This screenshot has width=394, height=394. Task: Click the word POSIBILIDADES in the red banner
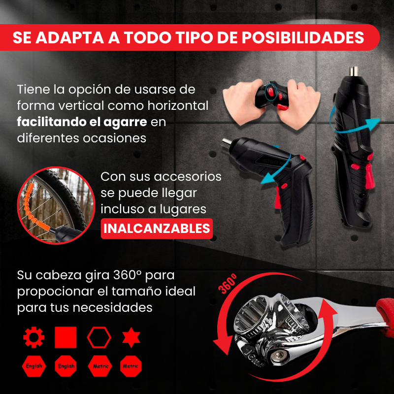point(303,38)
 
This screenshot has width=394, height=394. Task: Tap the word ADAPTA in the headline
point(70,38)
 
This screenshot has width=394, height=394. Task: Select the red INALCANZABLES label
point(157,229)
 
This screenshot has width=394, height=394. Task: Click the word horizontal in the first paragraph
point(178,105)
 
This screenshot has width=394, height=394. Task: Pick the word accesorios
point(188,177)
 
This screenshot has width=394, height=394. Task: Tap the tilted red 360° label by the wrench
point(228,284)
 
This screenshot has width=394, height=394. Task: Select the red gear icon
point(33,337)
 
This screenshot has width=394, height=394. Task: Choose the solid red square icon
point(66,337)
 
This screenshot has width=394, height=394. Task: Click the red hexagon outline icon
point(99,337)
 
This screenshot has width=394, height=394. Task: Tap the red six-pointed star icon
point(131,337)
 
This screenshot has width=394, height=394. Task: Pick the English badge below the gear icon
point(34,366)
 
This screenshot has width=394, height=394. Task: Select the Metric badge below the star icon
point(131,366)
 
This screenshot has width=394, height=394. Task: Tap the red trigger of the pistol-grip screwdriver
point(278,198)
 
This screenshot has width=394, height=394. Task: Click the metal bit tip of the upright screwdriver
point(354,71)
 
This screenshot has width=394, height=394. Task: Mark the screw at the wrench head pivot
point(279,356)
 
